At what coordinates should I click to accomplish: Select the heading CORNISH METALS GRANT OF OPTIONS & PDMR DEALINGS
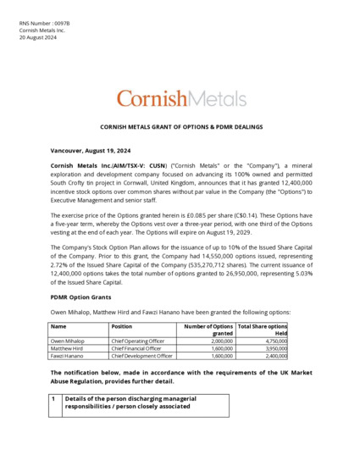pos(181,126)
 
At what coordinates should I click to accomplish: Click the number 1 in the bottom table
pos(54,398)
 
